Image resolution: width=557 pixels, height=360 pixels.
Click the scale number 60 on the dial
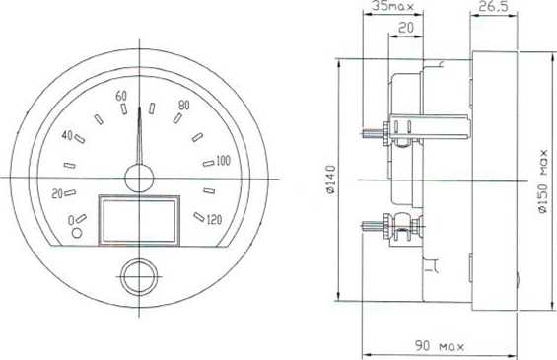(121, 96)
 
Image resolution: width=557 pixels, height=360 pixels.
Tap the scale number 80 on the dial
(184, 105)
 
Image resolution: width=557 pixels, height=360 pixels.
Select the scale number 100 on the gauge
(223, 161)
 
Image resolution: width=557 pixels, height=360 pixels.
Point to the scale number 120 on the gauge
(214, 220)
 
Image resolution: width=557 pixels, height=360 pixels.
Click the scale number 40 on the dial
(67, 135)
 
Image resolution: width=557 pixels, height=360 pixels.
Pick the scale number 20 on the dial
(57, 194)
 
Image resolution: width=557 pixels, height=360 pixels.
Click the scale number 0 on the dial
(71, 220)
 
